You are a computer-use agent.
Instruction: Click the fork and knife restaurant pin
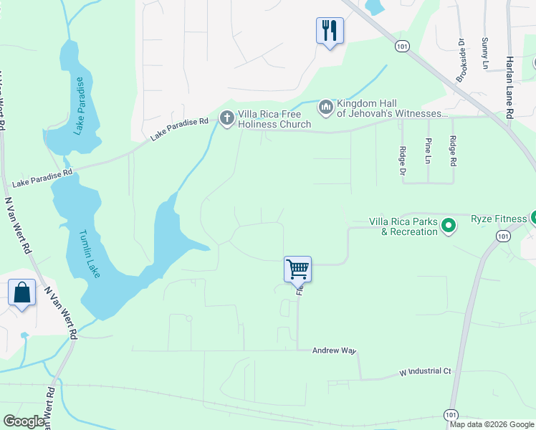pyautogui.click(x=330, y=31)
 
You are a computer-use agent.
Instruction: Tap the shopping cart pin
pyautogui.click(x=297, y=269)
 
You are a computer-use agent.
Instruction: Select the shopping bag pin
pyautogui.click(x=22, y=293)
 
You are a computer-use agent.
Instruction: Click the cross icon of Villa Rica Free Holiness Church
pyautogui.click(x=227, y=118)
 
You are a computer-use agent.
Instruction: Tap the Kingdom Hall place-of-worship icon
pyautogui.click(x=325, y=107)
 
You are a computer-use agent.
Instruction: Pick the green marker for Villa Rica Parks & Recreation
pyautogui.click(x=449, y=226)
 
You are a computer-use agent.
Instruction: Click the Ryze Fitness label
pyautogui.click(x=499, y=222)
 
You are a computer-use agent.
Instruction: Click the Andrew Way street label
pyautogui.click(x=334, y=350)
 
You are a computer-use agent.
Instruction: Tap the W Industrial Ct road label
pyautogui.click(x=425, y=372)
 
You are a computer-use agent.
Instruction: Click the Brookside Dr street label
pyautogui.click(x=461, y=59)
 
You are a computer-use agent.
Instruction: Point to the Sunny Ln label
pyautogui.click(x=485, y=49)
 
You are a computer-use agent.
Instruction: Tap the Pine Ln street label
pyautogui.click(x=428, y=150)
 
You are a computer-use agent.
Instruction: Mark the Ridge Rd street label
pyautogui.click(x=452, y=151)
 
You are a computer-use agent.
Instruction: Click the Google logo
pyautogui.click(x=24, y=421)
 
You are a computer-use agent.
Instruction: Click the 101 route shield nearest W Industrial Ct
pyautogui.click(x=450, y=415)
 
